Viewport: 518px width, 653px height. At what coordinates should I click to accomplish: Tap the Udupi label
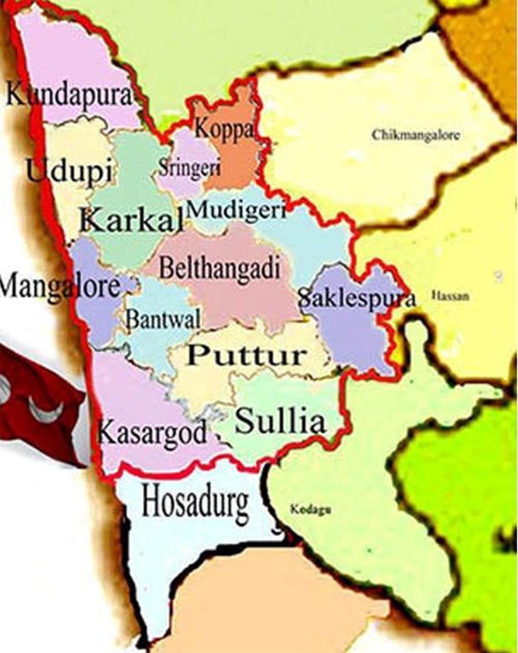click(x=69, y=170)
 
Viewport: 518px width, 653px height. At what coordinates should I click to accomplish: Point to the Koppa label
click(x=223, y=129)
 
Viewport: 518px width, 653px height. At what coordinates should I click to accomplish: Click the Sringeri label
click(x=189, y=167)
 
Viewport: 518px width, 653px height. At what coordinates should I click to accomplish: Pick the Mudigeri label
click(x=237, y=210)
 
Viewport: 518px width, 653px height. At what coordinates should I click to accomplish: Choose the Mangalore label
click(x=58, y=287)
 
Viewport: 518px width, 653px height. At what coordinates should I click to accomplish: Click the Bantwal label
click(x=163, y=319)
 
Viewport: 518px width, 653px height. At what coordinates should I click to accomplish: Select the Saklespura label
click(x=356, y=299)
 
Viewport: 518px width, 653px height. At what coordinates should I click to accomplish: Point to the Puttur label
click(x=247, y=355)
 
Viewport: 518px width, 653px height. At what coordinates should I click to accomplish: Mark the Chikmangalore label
click(x=416, y=135)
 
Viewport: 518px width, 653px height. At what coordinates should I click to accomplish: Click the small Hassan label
click(x=450, y=296)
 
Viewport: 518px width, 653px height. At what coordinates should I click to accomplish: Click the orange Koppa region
click(x=234, y=161)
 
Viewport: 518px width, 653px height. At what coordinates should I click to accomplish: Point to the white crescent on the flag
click(x=45, y=412)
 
